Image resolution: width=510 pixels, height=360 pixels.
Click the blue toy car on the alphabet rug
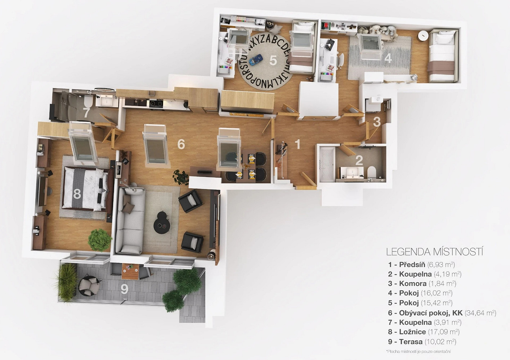point(256,60)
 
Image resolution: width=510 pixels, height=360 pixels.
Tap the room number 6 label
point(181,144)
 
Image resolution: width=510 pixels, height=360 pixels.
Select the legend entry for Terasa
point(422,342)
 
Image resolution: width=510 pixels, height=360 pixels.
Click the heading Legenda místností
point(435,252)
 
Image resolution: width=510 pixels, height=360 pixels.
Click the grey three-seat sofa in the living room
point(130,221)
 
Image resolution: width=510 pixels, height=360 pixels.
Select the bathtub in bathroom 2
point(327,164)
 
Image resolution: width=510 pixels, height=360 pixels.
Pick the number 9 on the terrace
point(124,289)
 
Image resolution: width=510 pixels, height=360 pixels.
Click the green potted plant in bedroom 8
point(100,240)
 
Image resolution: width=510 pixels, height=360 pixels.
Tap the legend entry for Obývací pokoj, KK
point(442,313)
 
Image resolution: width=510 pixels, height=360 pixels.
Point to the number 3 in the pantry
point(377,122)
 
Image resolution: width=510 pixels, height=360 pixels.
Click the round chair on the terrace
point(90,285)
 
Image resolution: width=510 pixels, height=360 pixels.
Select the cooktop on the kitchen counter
point(156,104)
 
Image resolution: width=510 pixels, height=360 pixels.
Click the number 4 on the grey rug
point(388,58)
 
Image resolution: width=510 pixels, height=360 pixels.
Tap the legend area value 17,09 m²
point(443,332)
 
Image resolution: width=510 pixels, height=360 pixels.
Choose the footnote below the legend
point(419,351)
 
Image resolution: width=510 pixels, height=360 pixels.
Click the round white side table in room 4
point(423,36)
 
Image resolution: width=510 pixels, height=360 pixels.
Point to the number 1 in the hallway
point(297,144)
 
